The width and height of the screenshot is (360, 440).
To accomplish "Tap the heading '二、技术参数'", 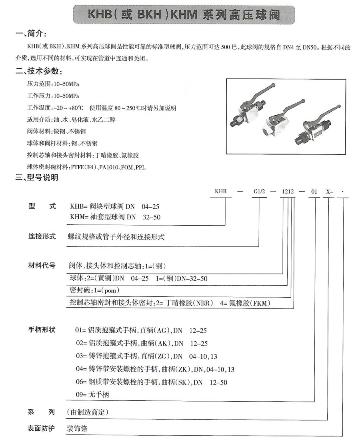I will click(x=38, y=71).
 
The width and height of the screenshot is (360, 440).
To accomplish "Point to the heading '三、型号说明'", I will click(x=36, y=177).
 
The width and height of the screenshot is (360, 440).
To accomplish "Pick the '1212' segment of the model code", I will click(x=288, y=191).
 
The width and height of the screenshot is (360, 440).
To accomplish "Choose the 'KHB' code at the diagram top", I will click(x=221, y=191).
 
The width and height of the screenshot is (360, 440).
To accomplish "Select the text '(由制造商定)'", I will click(x=88, y=412).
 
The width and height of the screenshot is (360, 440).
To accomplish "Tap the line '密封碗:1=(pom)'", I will click(x=95, y=290).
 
